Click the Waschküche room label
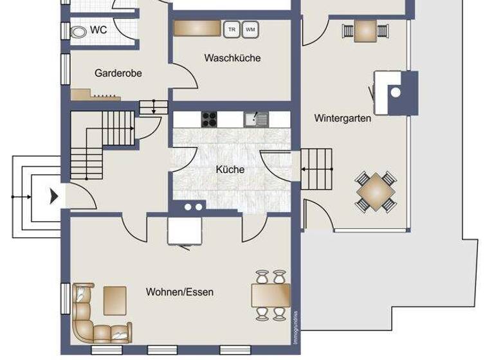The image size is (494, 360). tap(232, 58)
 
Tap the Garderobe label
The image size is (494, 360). tap(118, 73)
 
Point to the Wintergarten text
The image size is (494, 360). tap(342, 118)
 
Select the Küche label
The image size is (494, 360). tap(230, 170)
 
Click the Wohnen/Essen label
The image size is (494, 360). tap(179, 292)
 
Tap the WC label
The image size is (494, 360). tap(98, 30)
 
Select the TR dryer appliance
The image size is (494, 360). tap(230, 29)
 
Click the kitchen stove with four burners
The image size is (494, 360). tap(210, 118)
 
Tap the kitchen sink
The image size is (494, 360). tap(255, 118)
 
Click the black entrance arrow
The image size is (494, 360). tap(55, 195)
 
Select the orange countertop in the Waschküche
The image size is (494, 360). tap(197, 28)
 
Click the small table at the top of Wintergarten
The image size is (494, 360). tap(365, 30)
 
